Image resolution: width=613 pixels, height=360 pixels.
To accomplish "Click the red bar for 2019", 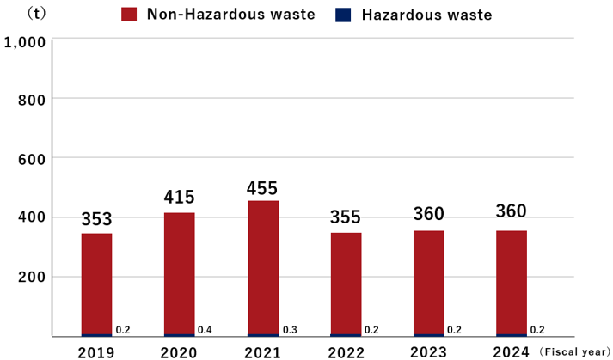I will pyautogui.click(x=96, y=284).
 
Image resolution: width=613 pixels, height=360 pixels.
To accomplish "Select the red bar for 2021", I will pyautogui.click(x=263, y=267).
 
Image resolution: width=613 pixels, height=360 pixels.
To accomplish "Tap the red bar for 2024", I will pyautogui.click(x=512, y=283).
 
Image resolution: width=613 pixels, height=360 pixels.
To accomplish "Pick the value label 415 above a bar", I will pyautogui.click(x=180, y=198).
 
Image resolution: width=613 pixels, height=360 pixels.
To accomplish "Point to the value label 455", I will pyautogui.click(x=263, y=186).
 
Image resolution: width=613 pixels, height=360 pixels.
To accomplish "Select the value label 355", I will pyautogui.click(x=346, y=217).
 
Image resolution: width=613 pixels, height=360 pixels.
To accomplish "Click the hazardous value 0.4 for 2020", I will pyautogui.click(x=205, y=330).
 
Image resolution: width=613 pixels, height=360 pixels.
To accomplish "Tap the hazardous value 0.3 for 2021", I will pyautogui.click(x=289, y=330).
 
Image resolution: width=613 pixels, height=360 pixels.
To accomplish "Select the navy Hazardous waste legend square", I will pyautogui.click(x=343, y=15).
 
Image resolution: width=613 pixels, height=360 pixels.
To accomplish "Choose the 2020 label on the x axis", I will pyautogui.click(x=179, y=351).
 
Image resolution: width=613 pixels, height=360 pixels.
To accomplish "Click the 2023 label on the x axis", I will pyautogui.click(x=428, y=351).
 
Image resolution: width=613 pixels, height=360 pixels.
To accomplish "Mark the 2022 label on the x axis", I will pyautogui.click(x=345, y=351).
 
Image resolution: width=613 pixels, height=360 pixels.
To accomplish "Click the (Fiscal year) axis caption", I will pyautogui.click(x=574, y=351).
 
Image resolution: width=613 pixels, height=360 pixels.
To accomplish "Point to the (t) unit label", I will pyautogui.click(x=37, y=13).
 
